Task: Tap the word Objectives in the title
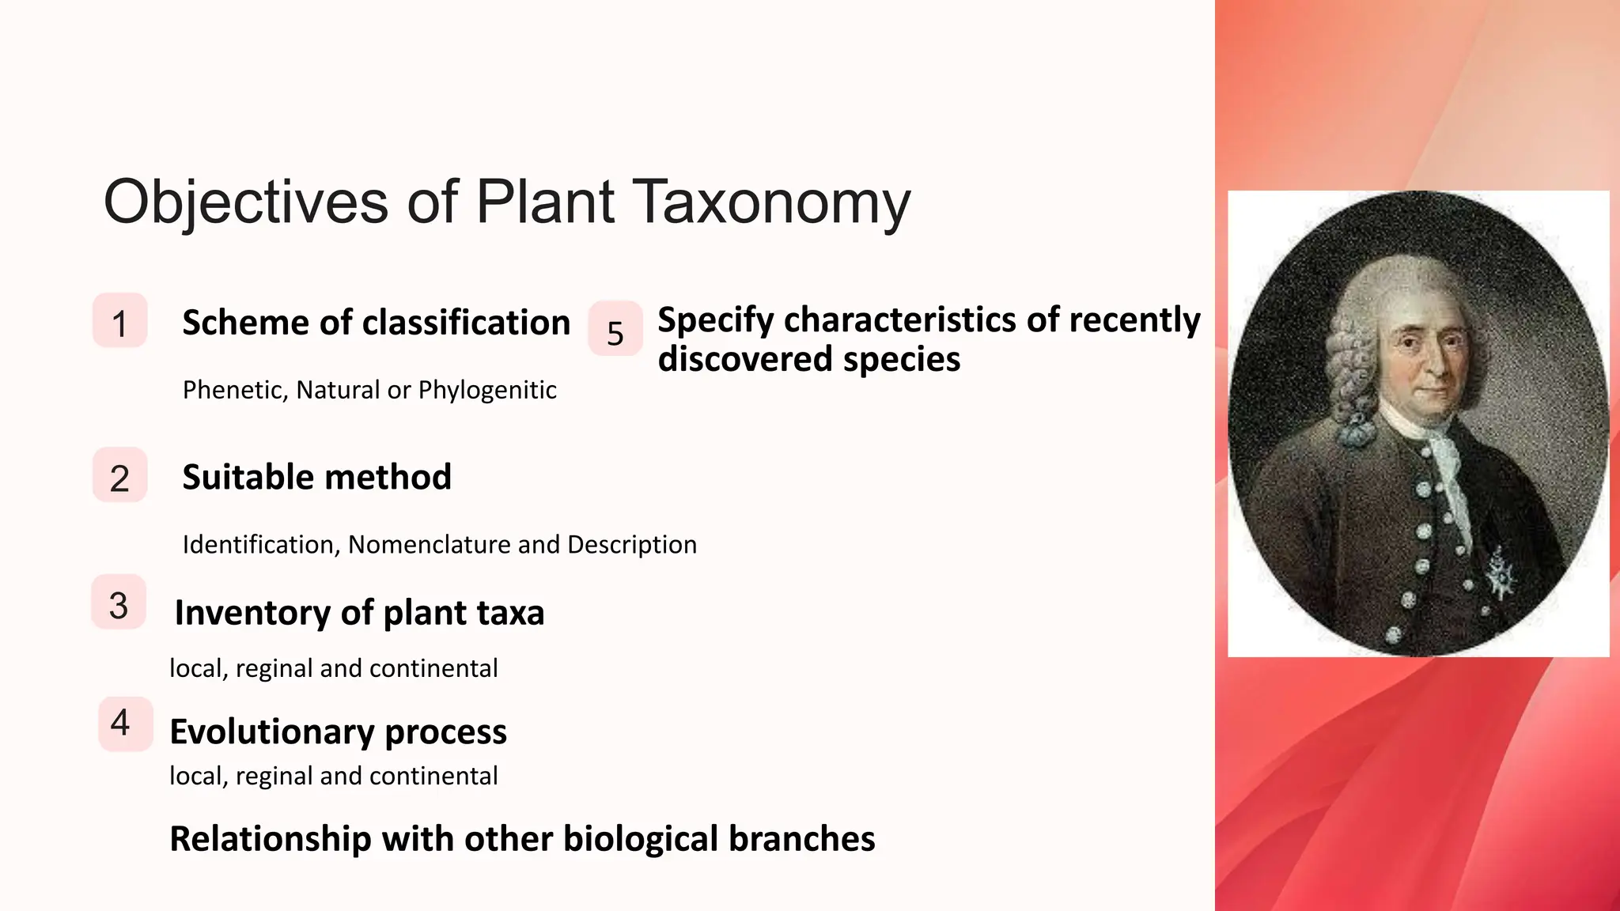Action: (245, 203)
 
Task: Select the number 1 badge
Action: (120, 321)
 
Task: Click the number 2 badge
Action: (120, 475)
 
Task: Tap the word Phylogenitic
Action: (487, 391)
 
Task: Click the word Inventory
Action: (252, 614)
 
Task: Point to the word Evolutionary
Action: (271, 732)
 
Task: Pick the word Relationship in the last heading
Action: (271, 839)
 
